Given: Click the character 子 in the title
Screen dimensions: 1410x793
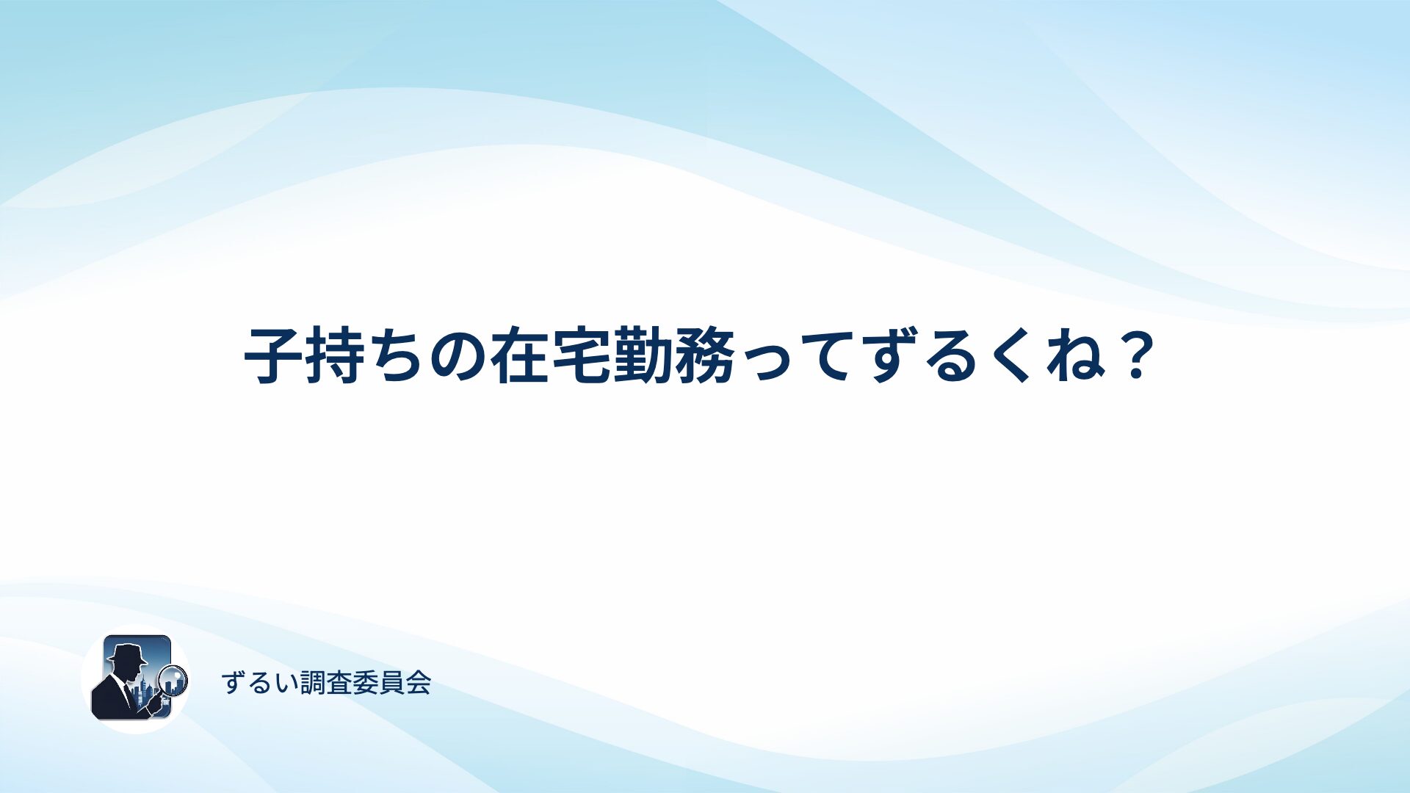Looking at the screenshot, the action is (x=273, y=356).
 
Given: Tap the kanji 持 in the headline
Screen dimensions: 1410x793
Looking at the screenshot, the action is (x=335, y=356).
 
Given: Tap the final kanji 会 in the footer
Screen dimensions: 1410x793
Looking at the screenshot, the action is (x=418, y=683).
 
